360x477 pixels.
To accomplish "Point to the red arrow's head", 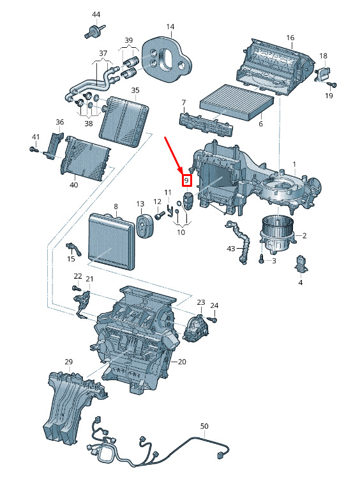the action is tap(181, 172).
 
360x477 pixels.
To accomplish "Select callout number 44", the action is tap(96, 15).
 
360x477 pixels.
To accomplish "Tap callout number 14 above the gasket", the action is tap(170, 27).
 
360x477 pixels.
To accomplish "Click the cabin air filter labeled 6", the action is tap(237, 101).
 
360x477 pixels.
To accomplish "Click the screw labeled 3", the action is tap(262, 260).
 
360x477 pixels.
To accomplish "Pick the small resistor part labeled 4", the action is tap(300, 263).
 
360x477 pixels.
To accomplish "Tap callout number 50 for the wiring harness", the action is tap(204, 426).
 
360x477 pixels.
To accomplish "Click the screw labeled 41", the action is tap(33, 149).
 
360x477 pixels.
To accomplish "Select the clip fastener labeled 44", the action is tap(94, 32).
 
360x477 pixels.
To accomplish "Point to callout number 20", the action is tap(182, 362).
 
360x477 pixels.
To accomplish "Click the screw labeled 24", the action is tap(214, 319).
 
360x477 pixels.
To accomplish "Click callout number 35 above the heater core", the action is tap(135, 91).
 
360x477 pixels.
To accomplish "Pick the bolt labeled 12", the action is tap(160, 216).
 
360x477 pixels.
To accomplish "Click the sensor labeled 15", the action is tap(73, 249).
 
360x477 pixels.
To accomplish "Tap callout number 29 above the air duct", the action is tap(69, 362).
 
